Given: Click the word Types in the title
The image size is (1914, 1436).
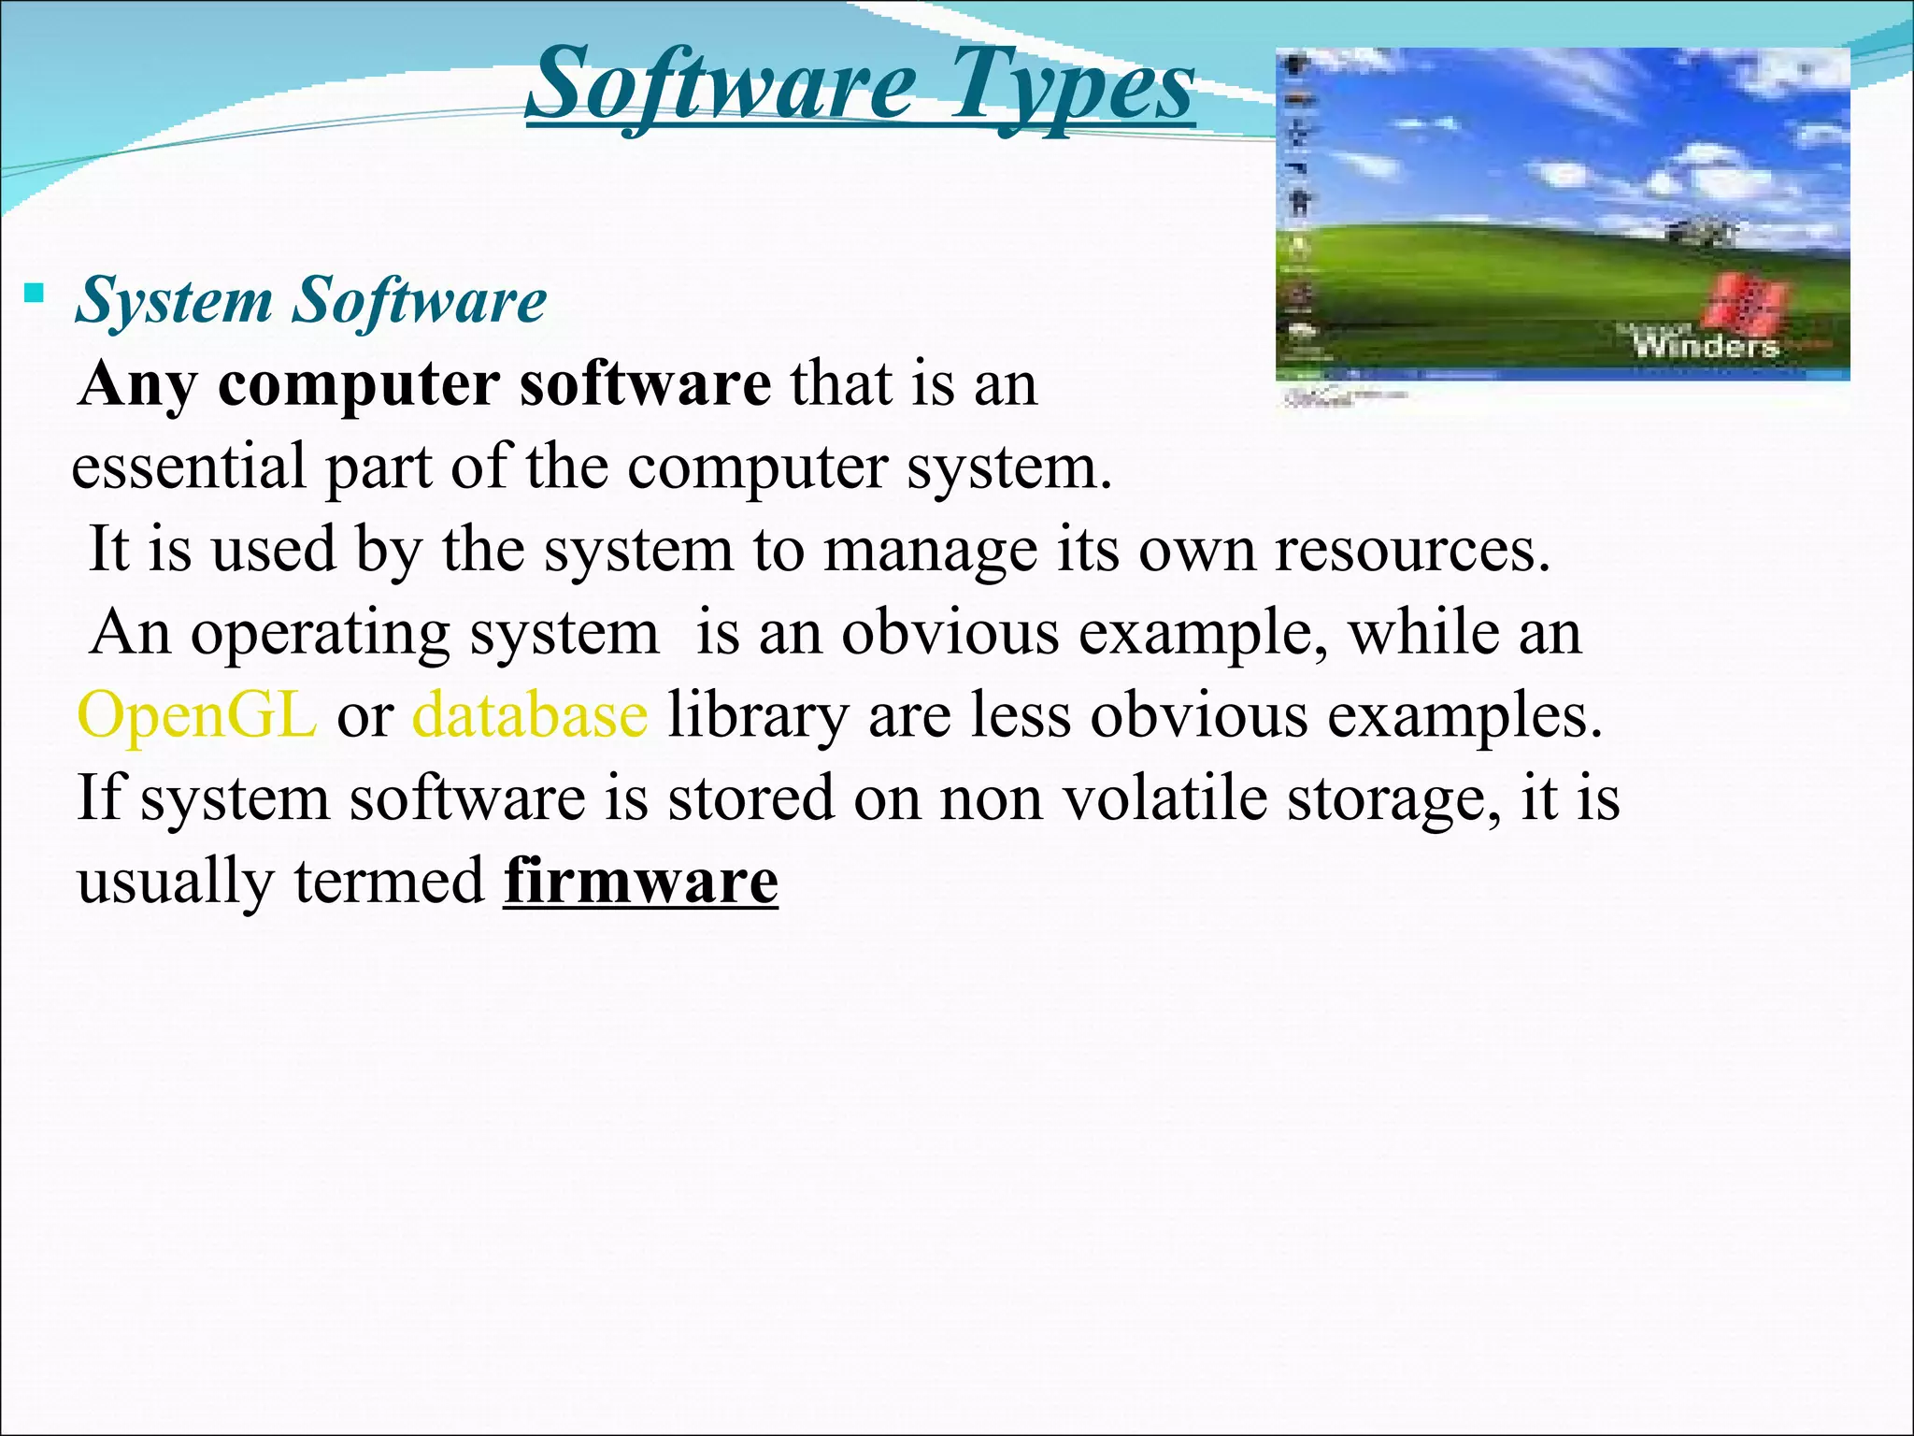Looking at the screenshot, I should (x=1072, y=86).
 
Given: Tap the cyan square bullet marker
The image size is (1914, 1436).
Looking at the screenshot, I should (x=35, y=294).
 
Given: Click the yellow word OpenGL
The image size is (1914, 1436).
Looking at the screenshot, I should (x=196, y=715).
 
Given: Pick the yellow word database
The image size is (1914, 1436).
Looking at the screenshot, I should (x=530, y=715).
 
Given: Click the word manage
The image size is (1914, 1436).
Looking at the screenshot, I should (x=930, y=550).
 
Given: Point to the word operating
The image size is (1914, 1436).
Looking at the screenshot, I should (x=321, y=634).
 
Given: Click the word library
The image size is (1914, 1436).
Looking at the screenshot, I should (x=757, y=715).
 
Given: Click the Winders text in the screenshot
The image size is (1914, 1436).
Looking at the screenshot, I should (x=1705, y=345).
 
